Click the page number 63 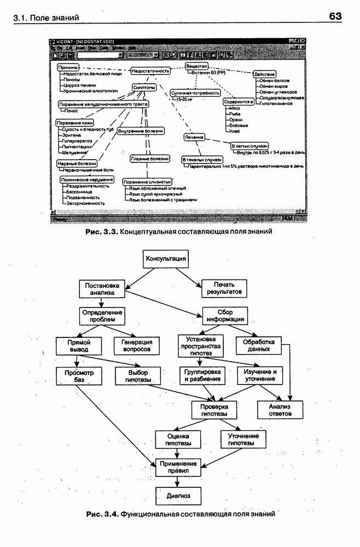click(335, 16)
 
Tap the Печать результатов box click(224, 288)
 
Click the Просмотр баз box click(76, 376)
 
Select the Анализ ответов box click(279, 410)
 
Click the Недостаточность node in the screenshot click(150, 71)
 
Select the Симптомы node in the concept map click(144, 87)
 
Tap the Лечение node click(194, 137)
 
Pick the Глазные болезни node click(149, 159)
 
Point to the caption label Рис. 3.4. click(102, 515)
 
